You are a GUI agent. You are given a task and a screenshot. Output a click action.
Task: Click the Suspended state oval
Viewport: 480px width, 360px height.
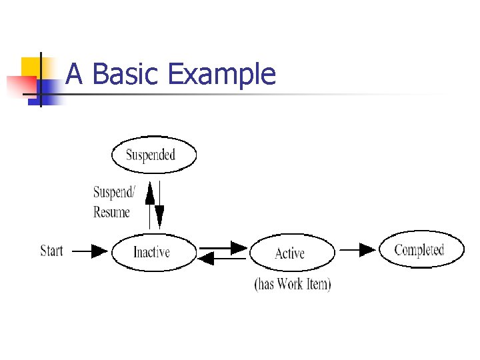(154, 155)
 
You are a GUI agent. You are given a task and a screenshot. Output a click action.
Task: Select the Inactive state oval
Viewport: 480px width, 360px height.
(154, 252)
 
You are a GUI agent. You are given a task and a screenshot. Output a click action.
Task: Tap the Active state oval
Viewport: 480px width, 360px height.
(291, 253)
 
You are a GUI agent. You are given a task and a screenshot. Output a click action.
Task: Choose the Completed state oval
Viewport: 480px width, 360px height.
(421, 250)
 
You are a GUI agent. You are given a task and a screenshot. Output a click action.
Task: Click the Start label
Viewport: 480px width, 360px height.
(52, 251)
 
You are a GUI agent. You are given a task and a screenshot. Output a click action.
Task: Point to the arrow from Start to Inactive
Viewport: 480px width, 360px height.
(89, 251)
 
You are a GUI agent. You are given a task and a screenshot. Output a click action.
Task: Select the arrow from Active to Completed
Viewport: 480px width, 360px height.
(358, 250)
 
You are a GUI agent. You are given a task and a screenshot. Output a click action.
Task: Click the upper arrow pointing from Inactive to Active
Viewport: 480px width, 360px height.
(223, 247)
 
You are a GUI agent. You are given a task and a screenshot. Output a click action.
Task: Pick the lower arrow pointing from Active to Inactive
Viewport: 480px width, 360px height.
(223, 259)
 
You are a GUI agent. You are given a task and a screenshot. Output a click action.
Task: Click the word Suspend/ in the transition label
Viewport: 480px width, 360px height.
(114, 193)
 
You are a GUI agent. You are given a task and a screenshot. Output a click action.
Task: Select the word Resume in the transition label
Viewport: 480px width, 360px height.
(111, 212)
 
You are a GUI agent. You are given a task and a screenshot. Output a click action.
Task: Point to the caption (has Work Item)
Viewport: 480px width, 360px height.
(293, 284)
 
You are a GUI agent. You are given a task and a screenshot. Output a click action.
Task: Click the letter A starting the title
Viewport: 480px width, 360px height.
(75, 74)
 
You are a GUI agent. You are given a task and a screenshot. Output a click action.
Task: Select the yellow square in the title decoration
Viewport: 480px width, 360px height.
(29, 67)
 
